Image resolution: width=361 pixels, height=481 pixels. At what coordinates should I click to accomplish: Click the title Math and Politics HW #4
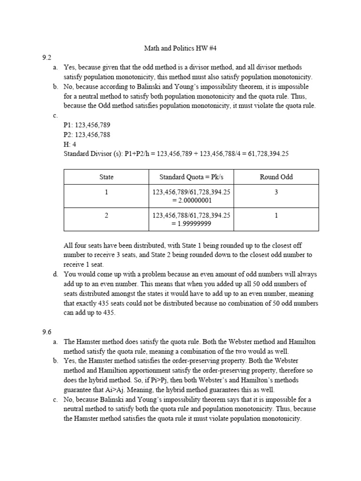[x=180, y=48]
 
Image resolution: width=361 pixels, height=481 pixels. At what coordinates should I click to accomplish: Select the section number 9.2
[x=46, y=58]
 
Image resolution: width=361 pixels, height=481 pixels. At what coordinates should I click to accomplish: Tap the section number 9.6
[x=46, y=332]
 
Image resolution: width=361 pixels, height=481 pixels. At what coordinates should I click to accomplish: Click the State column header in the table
[x=106, y=177]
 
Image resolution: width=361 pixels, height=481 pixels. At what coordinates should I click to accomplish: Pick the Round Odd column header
[x=276, y=177]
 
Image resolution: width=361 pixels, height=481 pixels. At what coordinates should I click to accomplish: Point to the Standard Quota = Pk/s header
[x=191, y=177]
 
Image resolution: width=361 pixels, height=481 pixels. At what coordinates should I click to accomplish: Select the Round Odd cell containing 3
[x=276, y=192]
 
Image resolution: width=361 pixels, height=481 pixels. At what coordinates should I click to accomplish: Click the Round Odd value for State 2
[x=276, y=215]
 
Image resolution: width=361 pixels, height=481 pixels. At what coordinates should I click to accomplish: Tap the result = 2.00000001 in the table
[x=191, y=200]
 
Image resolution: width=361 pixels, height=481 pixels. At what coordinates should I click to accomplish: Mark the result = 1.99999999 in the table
[x=191, y=223]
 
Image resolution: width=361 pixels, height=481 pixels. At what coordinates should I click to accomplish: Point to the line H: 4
[x=70, y=144]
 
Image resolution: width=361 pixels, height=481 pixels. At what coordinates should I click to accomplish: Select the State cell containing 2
[x=106, y=215]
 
